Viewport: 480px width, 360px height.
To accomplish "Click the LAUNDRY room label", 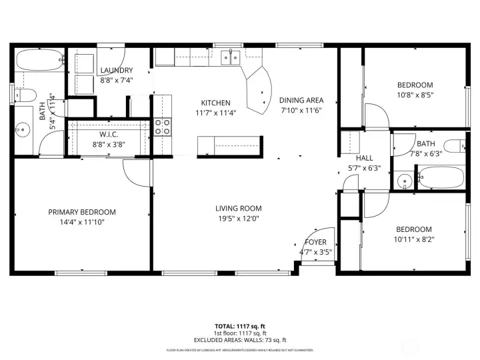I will (x=117, y=70).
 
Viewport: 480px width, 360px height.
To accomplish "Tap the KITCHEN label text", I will (x=216, y=103).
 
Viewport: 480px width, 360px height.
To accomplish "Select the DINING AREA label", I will (x=301, y=101).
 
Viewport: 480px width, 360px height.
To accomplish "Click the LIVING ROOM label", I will (x=238, y=208).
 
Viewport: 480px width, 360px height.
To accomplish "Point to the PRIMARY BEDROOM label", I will (x=82, y=212).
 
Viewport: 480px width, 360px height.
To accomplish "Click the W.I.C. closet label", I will (x=109, y=135).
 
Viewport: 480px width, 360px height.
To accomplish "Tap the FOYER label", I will (x=315, y=242).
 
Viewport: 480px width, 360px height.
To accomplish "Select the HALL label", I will (x=365, y=159).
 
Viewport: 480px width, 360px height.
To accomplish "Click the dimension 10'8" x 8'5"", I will (x=415, y=95).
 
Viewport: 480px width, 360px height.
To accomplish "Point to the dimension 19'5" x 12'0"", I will (x=238, y=218).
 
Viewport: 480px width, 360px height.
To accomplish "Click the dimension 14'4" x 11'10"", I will (x=82, y=222).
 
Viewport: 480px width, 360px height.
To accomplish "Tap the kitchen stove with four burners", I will (x=163, y=127).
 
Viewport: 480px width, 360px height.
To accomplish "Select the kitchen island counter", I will (x=228, y=144).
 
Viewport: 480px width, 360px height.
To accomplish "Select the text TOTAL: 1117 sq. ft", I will (x=239, y=327).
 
